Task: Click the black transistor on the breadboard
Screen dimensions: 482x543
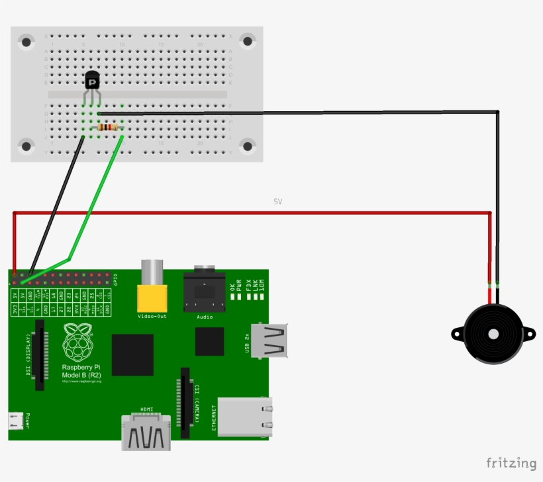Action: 92,81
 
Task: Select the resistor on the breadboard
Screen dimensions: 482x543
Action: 108,127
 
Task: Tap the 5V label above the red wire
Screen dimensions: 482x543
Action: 277,201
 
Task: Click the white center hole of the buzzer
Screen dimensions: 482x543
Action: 493,334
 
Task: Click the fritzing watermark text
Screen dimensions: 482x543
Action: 511,463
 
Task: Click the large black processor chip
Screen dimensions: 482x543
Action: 132,355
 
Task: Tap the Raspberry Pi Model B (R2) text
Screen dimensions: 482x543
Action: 81,372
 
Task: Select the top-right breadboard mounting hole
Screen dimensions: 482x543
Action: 247,42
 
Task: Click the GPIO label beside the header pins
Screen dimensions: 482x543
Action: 115,278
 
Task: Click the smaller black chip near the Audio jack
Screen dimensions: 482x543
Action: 209,342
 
